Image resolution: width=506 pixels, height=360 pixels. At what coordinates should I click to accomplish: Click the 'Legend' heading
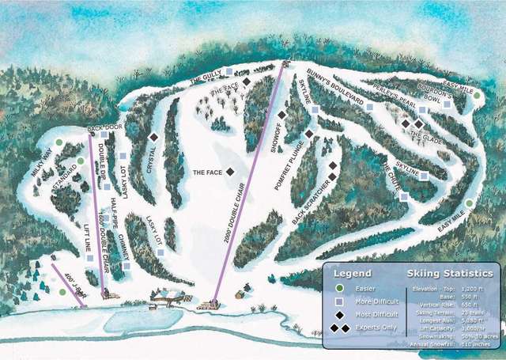(x=354, y=274)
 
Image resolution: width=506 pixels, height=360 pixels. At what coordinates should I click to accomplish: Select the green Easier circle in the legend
(x=339, y=288)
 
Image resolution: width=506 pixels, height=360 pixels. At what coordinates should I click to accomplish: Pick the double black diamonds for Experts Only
(x=340, y=328)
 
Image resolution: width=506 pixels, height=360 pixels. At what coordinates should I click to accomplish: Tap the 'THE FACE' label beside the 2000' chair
(x=208, y=172)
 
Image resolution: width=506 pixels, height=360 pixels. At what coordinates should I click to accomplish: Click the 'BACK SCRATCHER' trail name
(x=309, y=202)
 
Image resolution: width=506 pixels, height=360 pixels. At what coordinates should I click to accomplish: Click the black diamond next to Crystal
(x=154, y=136)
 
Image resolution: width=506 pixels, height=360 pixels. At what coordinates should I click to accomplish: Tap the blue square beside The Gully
(x=228, y=71)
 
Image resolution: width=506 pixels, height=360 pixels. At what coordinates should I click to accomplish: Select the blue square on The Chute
(x=404, y=195)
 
